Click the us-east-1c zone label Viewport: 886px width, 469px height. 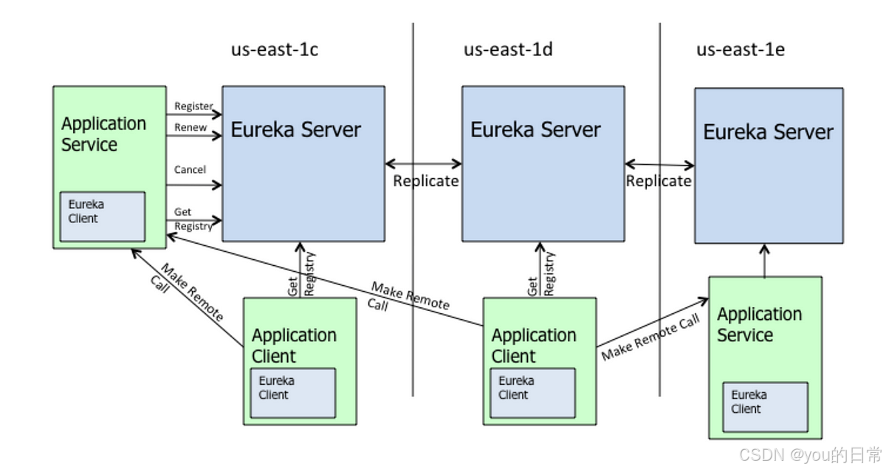[x=275, y=50]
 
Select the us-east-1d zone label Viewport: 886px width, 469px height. [x=508, y=50]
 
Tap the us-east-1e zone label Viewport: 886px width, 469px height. [x=741, y=50]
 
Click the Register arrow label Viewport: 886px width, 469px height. [x=193, y=106]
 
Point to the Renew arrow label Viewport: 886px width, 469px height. [x=190, y=128]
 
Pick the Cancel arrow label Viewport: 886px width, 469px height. [x=190, y=170]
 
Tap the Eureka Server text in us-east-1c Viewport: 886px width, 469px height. [x=295, y=130]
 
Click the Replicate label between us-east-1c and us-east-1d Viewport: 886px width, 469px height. [x=425, y=181]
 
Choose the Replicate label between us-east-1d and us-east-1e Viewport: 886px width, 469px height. [x=659, y=181]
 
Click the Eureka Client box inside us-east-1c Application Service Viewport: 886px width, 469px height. [x=103, y=216]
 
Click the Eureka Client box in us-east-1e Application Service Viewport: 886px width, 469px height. [x=765, y=407]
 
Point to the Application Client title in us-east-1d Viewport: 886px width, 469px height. [x=534, y=346]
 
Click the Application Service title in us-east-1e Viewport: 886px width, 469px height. [x=759, y=324]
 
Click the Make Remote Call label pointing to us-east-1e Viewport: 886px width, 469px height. [x=650, y=338]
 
